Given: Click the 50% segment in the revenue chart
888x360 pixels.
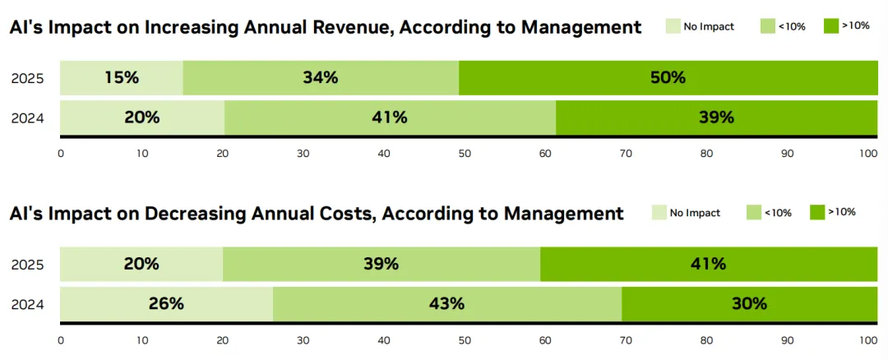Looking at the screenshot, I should (x=668, y=78).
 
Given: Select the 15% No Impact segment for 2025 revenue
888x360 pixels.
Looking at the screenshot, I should (x=122, y=78).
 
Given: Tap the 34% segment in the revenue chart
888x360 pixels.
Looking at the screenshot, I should (x=321, y=78).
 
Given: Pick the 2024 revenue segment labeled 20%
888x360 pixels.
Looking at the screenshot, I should (x=142, y=118).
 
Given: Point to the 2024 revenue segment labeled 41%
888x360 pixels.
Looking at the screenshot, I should (x=390, y=118).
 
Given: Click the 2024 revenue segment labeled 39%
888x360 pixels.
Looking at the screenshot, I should (x=716, y=118).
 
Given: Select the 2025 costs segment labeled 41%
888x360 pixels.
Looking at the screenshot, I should (x=709, y=264).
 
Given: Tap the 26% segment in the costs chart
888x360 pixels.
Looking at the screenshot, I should (x=166, y=303).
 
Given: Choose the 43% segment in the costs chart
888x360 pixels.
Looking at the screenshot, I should (x=447, y=303).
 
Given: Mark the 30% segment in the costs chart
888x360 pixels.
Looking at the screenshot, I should (x=749, y=303).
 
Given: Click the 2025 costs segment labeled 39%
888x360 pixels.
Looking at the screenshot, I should (x=382, y=264).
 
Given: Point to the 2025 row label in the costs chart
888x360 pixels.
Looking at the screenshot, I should (x=27, y=265).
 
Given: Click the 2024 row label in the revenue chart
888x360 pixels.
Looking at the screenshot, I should (x=27, y=118).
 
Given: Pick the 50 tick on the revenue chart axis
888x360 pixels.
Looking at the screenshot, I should (x=464, y=153).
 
